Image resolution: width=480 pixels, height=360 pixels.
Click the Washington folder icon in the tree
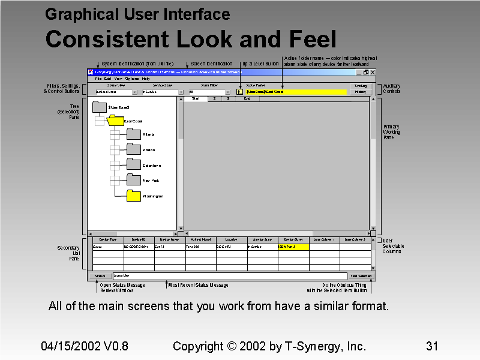tap(133, 195)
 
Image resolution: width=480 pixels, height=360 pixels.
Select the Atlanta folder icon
tap(133, 134)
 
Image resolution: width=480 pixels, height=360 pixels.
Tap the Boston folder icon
tap(133, 149)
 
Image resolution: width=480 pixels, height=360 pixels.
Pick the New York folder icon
tap(133, 179)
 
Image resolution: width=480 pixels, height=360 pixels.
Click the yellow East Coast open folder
tap(116, 121)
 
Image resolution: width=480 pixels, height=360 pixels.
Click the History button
tap(360, 92)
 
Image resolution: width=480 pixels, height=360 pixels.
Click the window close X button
tap(373, 72)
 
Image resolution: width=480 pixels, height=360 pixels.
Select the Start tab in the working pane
tap(196, 98)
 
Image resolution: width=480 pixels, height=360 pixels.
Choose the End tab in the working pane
tap(247, 98)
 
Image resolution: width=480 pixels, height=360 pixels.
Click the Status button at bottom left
tap(100, 276)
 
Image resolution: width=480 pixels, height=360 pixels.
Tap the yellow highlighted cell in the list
tap(293, 247)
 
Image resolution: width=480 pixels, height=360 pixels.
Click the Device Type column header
tap(108, 239)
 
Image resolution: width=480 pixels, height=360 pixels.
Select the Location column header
tap(231, 239)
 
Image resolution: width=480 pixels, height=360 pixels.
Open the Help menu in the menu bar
tap(146, 79)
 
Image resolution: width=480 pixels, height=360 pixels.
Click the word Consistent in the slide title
tap(107, 40)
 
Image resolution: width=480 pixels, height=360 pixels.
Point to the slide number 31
tap(431, 346)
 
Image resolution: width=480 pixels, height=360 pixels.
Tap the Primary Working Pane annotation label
tap(392, 132)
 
